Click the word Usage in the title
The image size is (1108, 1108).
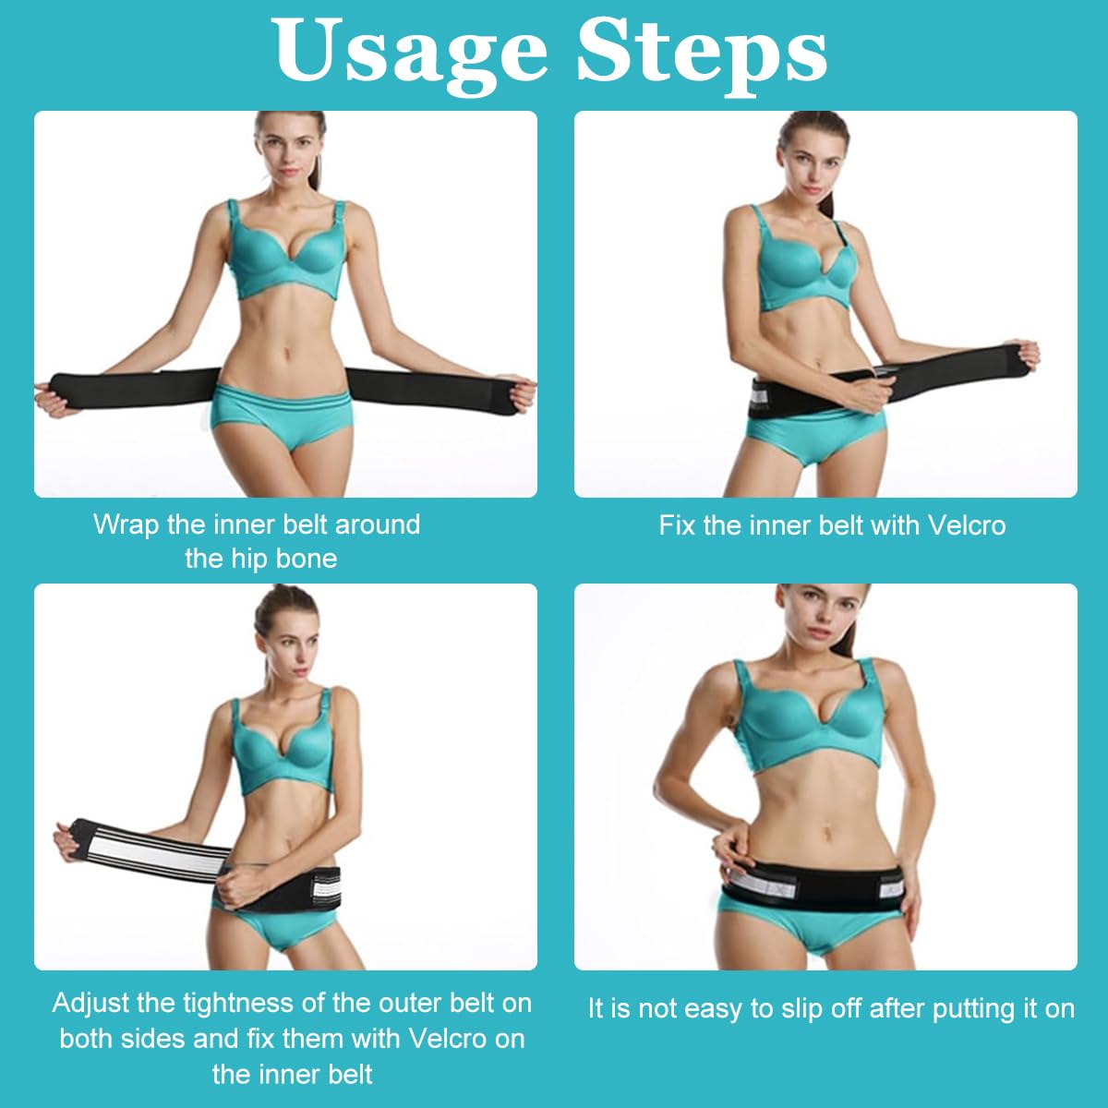coord(411,52)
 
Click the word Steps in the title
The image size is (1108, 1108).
coord(702,52)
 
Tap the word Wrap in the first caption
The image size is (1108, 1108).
coord(126,524)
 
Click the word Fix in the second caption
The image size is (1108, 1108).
coord(677,525)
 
